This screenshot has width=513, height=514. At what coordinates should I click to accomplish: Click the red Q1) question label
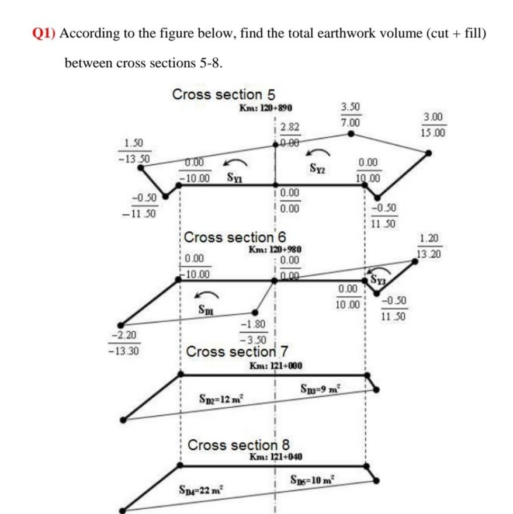coord(44,33)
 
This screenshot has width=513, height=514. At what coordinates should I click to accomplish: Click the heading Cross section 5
coord(223,94)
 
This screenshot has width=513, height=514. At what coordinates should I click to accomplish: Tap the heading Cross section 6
coord(235,237)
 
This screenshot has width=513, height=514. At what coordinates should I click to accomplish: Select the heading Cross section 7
coord(237,352)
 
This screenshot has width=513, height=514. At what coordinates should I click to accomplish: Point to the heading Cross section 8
coord(238,444)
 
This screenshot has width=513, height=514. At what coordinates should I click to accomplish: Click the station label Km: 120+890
coord(266,108)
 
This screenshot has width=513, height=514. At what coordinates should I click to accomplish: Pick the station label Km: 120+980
coord(274,249)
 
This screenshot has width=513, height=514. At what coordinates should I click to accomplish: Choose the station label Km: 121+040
coord(275,456)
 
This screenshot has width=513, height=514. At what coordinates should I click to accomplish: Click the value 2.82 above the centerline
coord(289,127)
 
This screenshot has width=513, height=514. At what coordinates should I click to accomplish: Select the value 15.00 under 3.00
coord(432,133)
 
